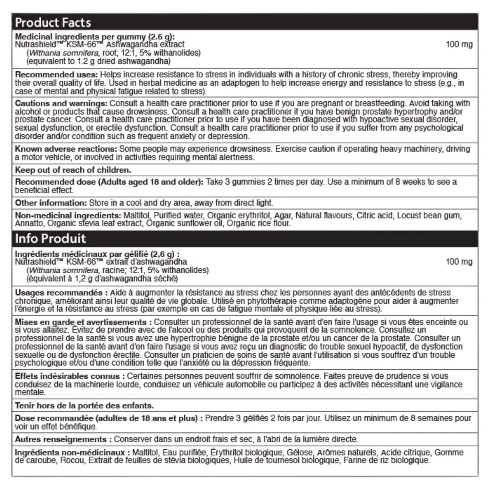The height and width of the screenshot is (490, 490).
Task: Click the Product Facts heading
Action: click(53, 22)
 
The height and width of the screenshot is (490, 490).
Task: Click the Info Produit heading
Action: click(50, 238)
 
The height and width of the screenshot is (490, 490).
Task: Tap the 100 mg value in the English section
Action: click(459, 44)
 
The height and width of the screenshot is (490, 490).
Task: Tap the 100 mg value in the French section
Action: click(459, 262)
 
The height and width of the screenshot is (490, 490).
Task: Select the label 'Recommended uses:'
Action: click(56, 75)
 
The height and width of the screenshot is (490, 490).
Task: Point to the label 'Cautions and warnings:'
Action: click(61, 103)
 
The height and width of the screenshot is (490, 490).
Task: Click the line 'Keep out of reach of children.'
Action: click(73, 170)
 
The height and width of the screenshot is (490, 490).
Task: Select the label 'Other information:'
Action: click(51, 203)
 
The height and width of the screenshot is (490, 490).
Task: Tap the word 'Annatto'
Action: click(29, 223)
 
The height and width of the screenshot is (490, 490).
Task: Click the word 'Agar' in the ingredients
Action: click(282, 216)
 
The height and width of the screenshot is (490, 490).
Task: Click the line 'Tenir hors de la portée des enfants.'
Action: click(84, 406)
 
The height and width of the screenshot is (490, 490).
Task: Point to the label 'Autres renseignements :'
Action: click(63, 439)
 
